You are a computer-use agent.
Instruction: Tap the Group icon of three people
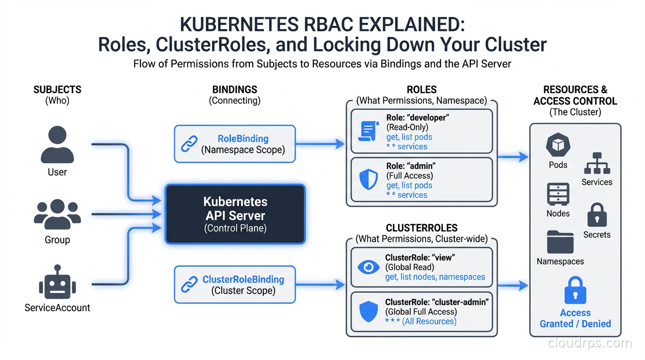[x=57, y=214]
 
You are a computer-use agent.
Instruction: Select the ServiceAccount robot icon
[x=57, y=282]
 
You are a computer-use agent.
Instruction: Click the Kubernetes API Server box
[x=235, y=214]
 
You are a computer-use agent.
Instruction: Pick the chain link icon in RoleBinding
[x=189, y=144]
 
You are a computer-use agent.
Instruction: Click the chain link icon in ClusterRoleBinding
[x=189, y=285]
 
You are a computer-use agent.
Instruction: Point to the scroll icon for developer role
[x=368, y=131]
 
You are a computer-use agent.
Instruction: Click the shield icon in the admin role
[x=368, y=180]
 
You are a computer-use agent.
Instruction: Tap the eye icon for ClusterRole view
[x=368, y=267]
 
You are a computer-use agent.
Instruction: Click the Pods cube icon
[x=558, y=145]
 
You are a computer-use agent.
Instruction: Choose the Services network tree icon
[x=597, y=163]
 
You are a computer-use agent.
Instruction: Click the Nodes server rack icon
[x=558, y=194]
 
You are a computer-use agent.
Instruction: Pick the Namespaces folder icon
[x=560, y=242]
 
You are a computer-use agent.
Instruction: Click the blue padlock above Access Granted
[x=575, y=291]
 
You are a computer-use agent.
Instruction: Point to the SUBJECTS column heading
[x=57, y=90]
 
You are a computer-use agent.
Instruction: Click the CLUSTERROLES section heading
[x=421, y=228]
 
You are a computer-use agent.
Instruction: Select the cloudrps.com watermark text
[x=590, y=344]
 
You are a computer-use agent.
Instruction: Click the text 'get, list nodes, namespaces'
[x=435, y=277]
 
